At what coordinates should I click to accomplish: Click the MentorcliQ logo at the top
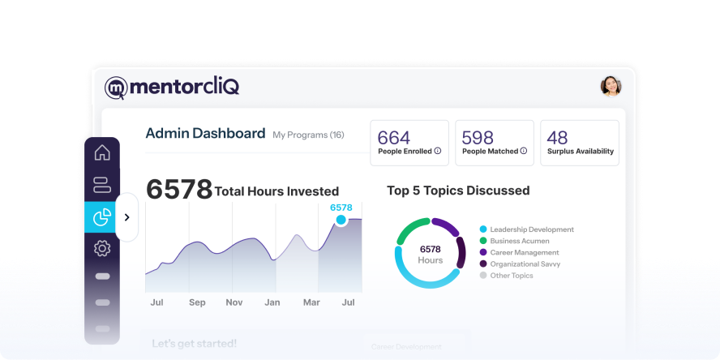tap(172, 87)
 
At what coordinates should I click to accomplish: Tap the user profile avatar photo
tap(611, 86)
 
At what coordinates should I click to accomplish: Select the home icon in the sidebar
tap(102, 153)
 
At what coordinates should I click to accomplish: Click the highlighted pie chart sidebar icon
tap(102, 216)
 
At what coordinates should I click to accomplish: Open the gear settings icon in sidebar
tap(102, 248)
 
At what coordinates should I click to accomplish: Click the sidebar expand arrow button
tap(126, 217)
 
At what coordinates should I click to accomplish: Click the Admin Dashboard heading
tap(205, 134)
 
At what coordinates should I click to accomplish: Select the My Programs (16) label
tap(308, 135)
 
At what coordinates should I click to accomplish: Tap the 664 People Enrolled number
tap(394, 138)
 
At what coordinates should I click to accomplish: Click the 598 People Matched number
tap(478, 138)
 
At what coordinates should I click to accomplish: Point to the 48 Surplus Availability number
tap(558, 138)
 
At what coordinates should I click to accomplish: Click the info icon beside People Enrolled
tap(437, 151)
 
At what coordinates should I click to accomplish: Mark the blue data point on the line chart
tap(341, 220)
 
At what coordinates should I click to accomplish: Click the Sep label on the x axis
tap(197, 302)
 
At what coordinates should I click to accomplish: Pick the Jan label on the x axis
tap(272, 302)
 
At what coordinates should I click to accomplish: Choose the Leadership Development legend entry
tap(531, 229)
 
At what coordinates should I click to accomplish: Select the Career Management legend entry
tap(525, 252)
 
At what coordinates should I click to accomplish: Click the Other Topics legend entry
tap(511, 276)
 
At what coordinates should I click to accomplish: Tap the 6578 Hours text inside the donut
tap(430, 255)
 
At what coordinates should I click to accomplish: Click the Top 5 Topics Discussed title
tap(458, 191)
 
